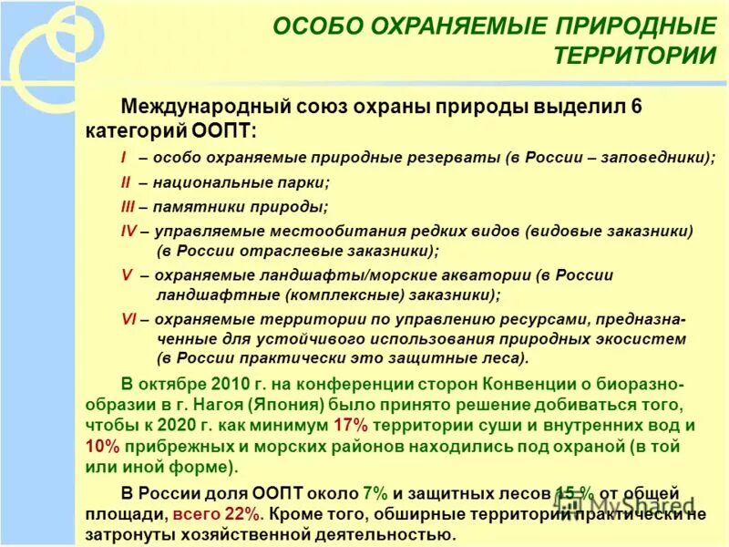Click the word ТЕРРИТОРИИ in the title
point(634,55)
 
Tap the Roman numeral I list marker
point(123,158)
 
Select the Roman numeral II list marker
point(126,181)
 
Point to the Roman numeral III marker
point(128,206)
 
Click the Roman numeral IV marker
point(129,231)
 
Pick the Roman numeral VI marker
point(129,319)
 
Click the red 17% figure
point(351,425)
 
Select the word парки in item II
point(305,181)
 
